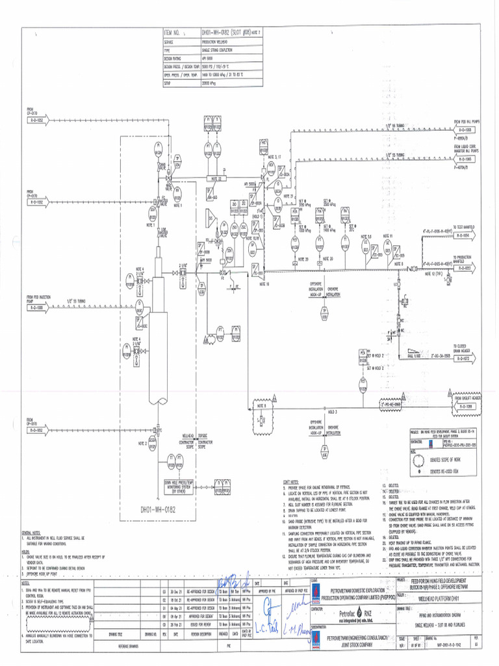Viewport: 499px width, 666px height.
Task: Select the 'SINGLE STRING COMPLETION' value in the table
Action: (x=220, y=49)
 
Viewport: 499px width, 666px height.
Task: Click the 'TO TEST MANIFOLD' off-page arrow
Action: (x=465, y=233)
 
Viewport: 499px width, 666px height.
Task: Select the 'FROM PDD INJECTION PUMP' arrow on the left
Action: (x=35, y=307)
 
